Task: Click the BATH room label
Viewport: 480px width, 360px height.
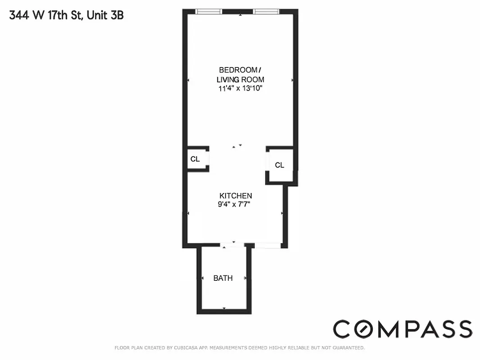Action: (223, 278)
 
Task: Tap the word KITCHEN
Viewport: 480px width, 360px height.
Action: (235, 196)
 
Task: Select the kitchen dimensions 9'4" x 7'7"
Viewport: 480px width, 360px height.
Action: (234, 204)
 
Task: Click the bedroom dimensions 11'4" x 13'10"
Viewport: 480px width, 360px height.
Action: (240, 89)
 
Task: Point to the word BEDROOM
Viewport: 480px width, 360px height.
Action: (238, 70)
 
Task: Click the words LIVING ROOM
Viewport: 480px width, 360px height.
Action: (240, 79)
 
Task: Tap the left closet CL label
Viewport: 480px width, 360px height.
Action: (195, 159)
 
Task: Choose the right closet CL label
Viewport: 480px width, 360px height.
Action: (280, 165)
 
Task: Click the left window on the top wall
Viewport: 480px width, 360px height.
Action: (209, 11)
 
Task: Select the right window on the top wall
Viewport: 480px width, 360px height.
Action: (266, 11)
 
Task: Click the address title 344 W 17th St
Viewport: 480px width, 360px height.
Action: (45, 16)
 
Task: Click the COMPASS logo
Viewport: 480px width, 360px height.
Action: (403, 329)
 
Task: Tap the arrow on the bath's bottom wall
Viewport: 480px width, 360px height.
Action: (224, 308)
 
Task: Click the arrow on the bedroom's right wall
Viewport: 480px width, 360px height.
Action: (293, 80)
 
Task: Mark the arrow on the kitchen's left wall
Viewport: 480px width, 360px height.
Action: (188, 213)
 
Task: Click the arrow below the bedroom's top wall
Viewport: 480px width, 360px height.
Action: (240, 15)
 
